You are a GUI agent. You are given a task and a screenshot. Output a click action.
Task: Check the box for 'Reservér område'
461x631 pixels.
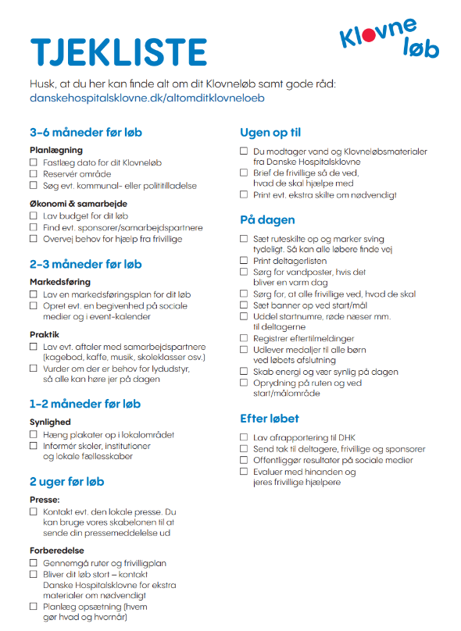[x=34, y=174]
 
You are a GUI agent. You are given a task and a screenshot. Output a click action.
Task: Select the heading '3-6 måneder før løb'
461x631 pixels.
[x=85, y=133]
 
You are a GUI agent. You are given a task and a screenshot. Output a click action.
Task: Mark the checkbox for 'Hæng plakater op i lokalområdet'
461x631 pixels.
[x=34, y=434]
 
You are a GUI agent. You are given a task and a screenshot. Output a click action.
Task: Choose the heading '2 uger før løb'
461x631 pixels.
[x=66, y=481]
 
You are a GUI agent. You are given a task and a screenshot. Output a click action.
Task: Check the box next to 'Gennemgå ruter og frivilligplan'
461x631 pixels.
[x=34, y=563]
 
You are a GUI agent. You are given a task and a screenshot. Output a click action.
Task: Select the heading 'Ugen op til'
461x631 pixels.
[x=270, y=133]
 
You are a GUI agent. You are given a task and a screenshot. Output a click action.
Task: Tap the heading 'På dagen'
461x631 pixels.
[x=267, y=219]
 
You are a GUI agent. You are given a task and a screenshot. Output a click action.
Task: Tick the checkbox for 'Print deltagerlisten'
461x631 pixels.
[x=244, y=260]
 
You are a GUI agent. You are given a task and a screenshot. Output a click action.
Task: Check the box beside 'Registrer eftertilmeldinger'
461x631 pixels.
[x=244, y=338]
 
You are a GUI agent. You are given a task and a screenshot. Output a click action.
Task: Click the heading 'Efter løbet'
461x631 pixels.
[x=270, y=419]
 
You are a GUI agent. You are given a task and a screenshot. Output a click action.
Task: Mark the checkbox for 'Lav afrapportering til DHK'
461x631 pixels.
[x=244, y=438]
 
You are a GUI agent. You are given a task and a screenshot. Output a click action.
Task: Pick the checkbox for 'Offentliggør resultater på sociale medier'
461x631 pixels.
[x=244, y=461]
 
